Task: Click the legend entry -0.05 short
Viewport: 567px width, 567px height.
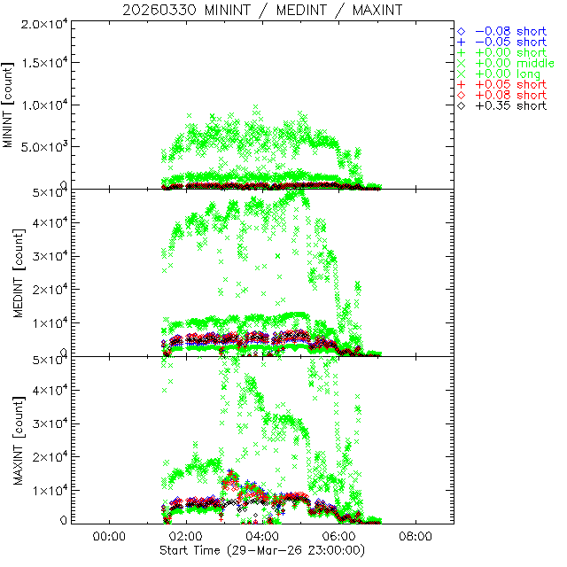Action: [x=510, y=42]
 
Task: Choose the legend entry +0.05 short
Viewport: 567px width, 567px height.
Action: [x=510, y=84]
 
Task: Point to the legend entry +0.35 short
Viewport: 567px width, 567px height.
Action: [x=510, y=105]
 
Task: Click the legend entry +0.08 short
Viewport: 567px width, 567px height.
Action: [x=510, y=95]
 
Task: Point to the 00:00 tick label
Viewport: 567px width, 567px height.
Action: [x=108, y=537]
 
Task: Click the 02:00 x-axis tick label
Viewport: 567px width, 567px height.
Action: [x=185, y=537]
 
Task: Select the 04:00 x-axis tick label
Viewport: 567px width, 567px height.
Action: [x=262, y=537]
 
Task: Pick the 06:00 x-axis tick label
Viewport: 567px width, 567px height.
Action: [x=339, y=537]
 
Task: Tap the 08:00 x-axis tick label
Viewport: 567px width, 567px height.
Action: [x=416, y=537]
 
